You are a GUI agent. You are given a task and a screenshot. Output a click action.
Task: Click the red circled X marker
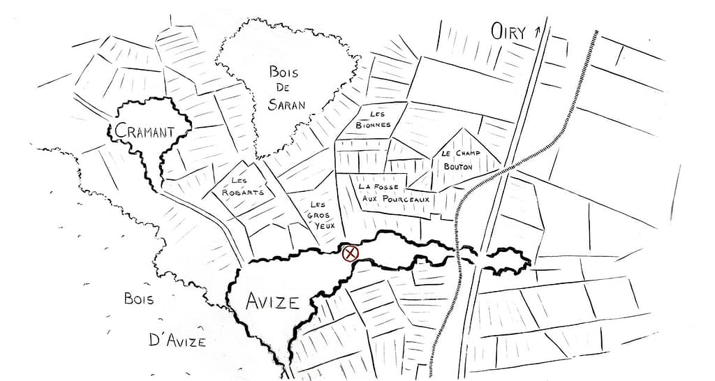point(351,253)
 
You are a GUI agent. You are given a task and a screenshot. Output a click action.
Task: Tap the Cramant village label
point(144,130)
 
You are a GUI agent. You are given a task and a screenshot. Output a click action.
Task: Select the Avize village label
point(272,301)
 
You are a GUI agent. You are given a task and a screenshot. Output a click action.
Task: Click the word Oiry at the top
point(508,31)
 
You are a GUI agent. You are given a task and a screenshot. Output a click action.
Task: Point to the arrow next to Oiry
point(537,31)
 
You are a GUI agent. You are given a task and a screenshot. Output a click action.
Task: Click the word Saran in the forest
point(287,105)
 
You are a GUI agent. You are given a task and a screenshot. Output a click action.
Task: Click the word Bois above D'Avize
point(138,299)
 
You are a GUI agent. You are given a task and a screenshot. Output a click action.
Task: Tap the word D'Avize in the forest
point(177,341)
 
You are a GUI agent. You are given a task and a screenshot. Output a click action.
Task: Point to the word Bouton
point(458,167)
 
